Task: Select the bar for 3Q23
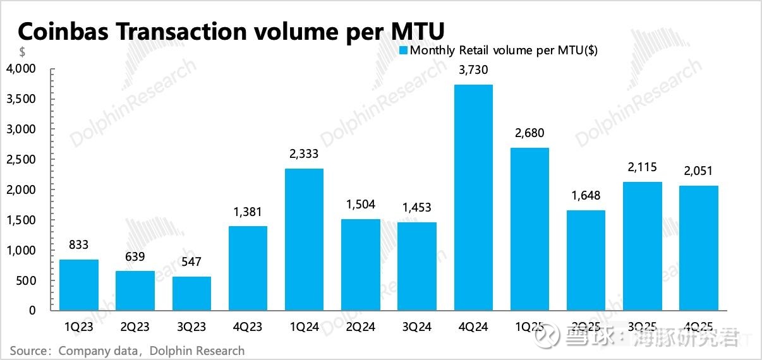pos(191,294)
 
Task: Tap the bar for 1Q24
pos(304,239)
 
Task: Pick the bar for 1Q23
pos(78,285)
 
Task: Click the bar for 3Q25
pos(643,246)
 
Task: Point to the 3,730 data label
pos(473,70)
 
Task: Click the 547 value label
pos(191,263)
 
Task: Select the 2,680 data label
pos(529,133)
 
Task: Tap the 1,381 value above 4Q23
pos(248,212)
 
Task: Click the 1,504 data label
pos(360,205)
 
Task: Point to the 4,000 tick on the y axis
pos(21,69)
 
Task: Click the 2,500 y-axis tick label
pos(21,160)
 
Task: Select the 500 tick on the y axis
pos(27,281)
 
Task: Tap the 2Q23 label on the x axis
pos(135,327)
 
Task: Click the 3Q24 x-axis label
pos(416,327)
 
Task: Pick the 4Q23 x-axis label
pos(248,327)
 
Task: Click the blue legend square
pos(404,51)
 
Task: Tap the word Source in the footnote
pos(29,351)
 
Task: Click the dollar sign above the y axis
pos(21,51)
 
